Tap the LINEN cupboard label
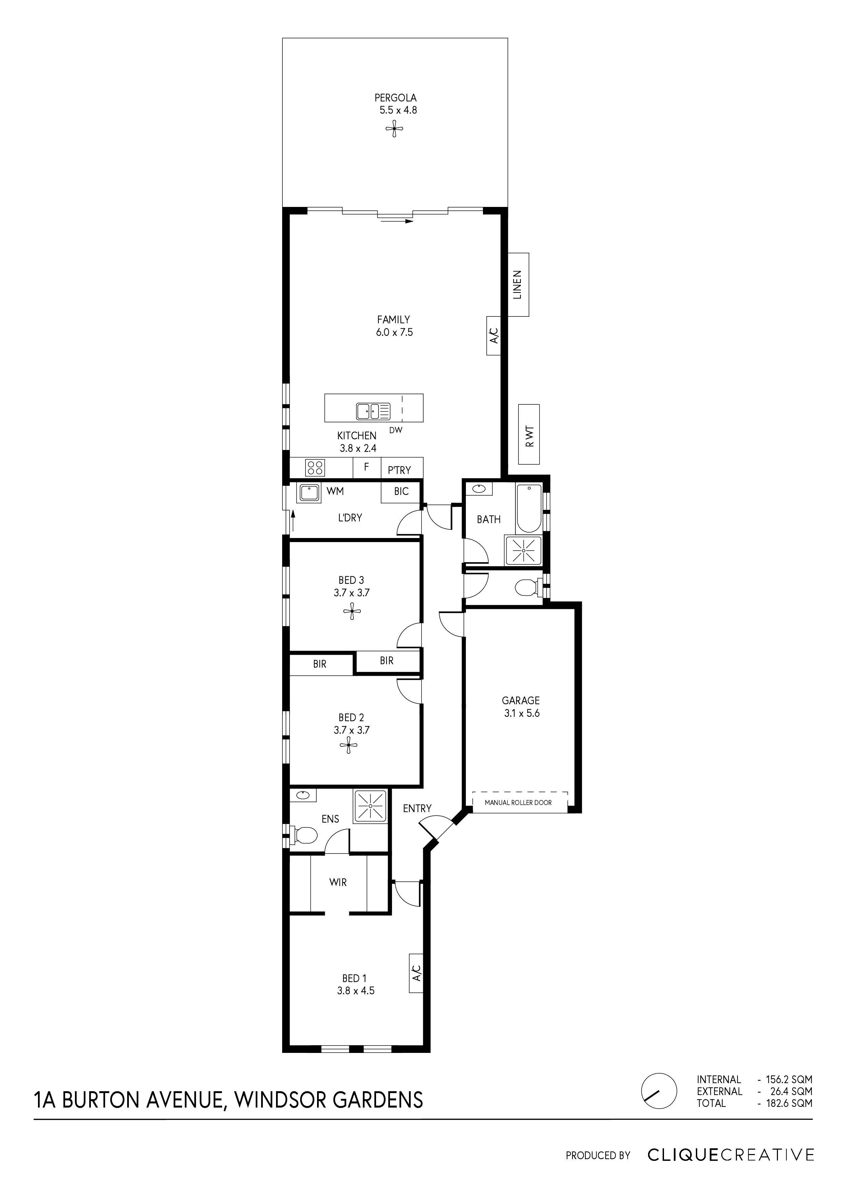point(518,285)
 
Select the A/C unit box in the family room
point(494,335)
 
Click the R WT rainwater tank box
point(529,434)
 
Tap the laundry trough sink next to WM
point(309,492)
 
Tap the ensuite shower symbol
point(371,806)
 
